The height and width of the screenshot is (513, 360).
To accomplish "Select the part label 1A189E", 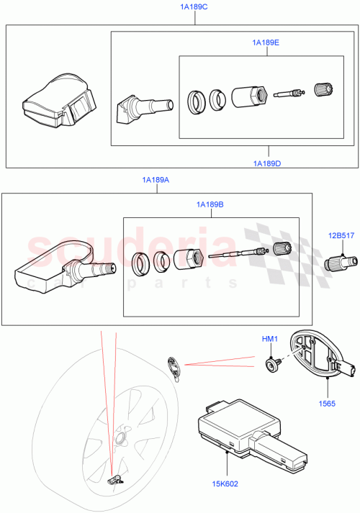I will [x=266, y=43].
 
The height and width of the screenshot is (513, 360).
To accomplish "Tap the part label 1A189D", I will [x=267, y=163].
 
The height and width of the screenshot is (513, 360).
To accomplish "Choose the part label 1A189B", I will [x=210, y=204].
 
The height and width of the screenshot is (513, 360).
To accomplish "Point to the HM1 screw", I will [x=271, y=366].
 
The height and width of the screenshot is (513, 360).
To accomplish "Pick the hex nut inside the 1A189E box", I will [x=250, y=97].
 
